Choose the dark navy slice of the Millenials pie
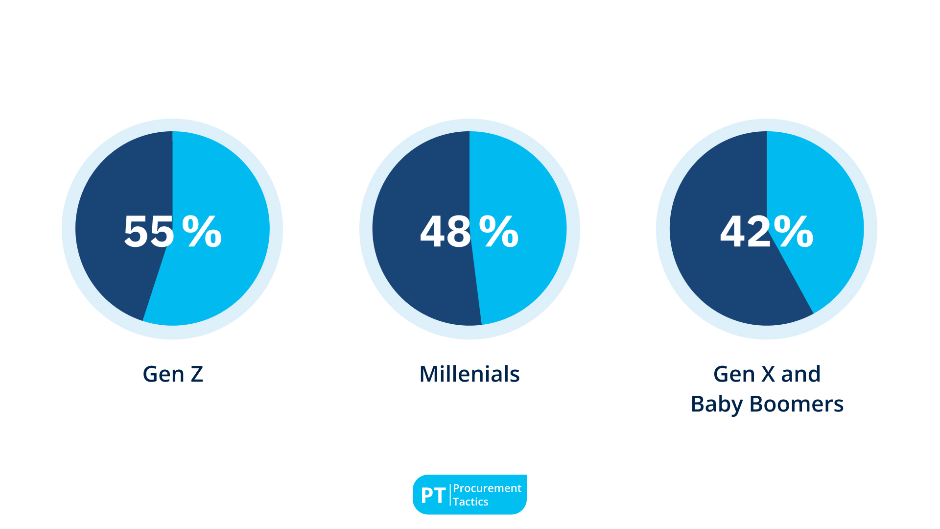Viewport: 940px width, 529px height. (416, 284)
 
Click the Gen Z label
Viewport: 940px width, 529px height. (172, 374)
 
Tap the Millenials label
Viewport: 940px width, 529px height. (469, 374)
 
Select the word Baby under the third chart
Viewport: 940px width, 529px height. (716, 405)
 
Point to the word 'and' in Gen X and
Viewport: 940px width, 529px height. (800, 374)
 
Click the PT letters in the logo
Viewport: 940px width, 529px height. (433, 496)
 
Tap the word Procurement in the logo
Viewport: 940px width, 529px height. (487, 488)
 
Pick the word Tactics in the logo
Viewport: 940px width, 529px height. (470, 502)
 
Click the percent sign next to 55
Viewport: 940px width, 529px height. (202, 231)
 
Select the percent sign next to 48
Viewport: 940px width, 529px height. (498, 231)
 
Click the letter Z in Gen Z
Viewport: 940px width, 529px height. (197, 374)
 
